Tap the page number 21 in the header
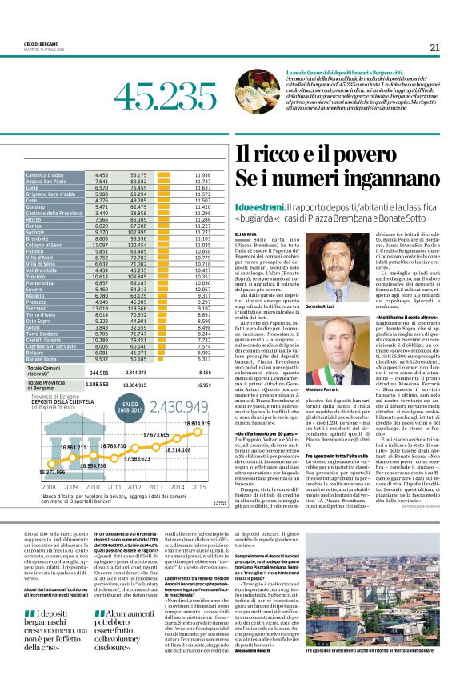click(434, 47)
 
